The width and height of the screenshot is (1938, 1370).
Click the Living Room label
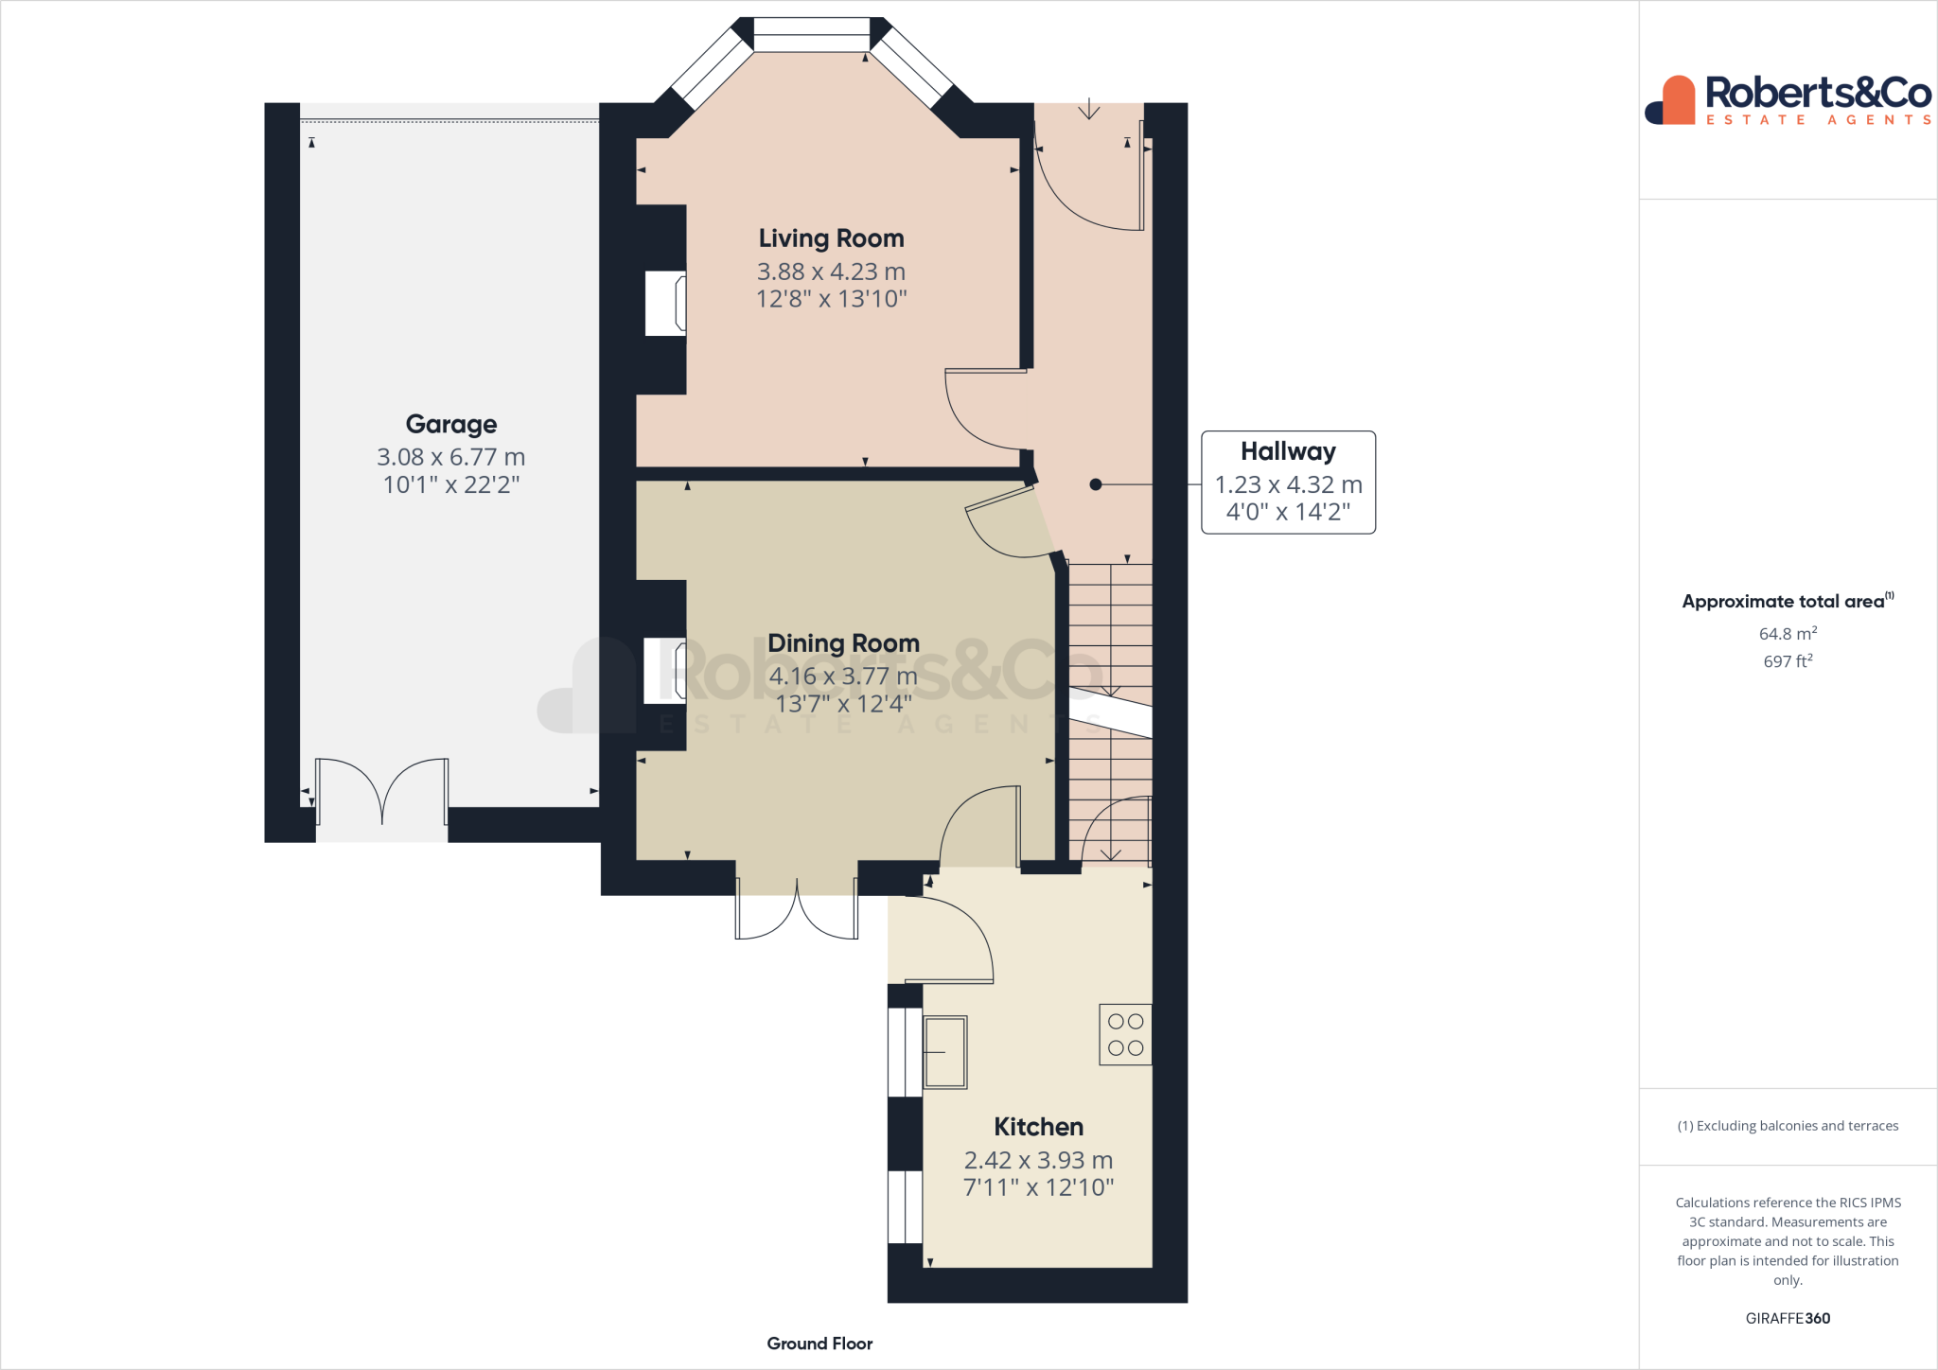tap(831, 238)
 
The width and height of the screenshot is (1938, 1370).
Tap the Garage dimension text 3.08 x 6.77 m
tap(450, 457)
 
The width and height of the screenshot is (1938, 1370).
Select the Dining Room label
tap(843, 643)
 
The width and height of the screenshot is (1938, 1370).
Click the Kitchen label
tap(1038, 1127)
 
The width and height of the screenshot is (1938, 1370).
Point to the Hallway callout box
tap(1288, 483)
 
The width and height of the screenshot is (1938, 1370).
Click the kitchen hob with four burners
tap(1125, 1034)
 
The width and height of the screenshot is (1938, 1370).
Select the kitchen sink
tap(944, 1052)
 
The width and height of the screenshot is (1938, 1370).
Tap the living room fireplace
tap(666, 303)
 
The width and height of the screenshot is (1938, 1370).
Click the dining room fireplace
tap(665, 671)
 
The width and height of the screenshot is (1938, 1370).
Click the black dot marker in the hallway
tap(1095, 484)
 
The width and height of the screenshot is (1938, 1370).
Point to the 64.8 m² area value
tap(1788, 634)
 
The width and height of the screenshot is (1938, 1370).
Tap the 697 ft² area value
tap(1788, 661)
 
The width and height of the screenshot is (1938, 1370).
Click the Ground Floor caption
tap(819, 1344)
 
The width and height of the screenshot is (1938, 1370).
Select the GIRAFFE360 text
tap(1788, 1318)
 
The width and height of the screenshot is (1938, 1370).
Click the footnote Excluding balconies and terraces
tap(1788, 1126)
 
